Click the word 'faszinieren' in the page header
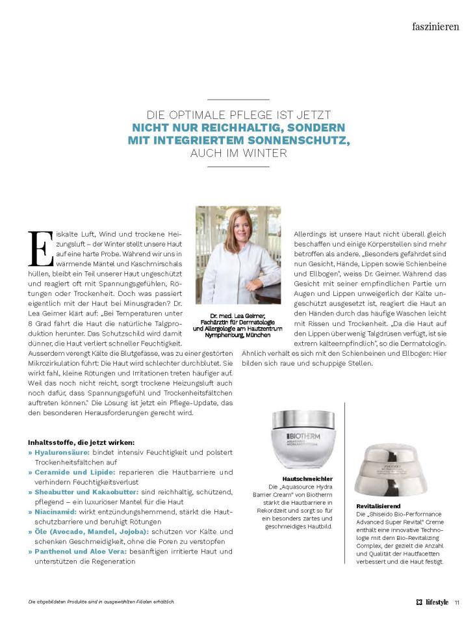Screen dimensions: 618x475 [x=435, y=27]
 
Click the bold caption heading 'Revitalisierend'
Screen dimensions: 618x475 [x=378, y=505]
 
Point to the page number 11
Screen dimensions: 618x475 [x=457, y=601]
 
